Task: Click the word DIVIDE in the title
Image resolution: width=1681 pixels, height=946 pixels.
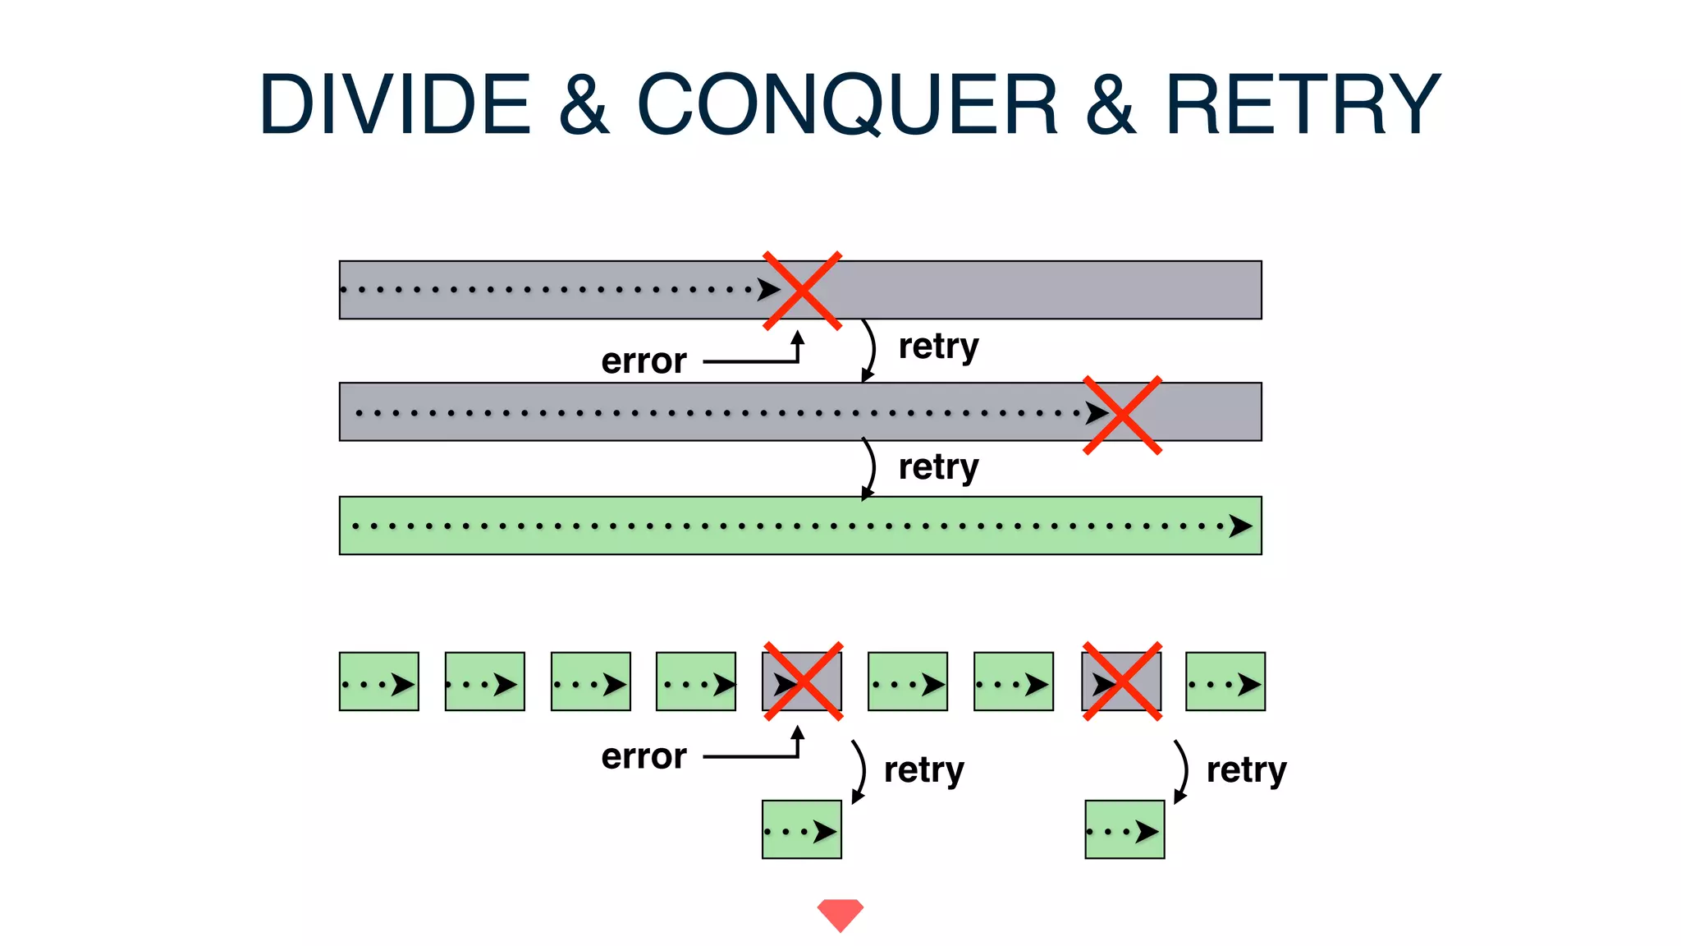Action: pos(395,104)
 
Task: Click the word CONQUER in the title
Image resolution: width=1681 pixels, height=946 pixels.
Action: pos(847,104)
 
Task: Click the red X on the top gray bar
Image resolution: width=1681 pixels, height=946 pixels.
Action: pos(802,291)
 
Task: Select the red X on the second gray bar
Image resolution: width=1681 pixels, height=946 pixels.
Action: pos(1122,415)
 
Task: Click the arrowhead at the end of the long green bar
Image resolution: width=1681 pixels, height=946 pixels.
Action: pos(1240,526)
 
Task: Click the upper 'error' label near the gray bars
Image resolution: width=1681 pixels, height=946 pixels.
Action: pos(644,361)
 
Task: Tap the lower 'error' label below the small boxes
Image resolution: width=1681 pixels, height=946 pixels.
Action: pos(644,756)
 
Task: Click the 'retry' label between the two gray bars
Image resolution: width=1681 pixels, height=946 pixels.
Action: pos(938,347)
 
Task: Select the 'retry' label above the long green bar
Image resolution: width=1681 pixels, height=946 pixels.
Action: pos(938,467)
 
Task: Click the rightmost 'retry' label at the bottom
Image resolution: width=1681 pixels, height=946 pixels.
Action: pos(1246,770)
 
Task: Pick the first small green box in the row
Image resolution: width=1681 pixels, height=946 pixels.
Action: pos(378,682)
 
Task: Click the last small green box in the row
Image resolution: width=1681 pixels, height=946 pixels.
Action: pos(1225,682)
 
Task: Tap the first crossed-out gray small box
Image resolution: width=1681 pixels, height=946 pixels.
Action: pos(802,682)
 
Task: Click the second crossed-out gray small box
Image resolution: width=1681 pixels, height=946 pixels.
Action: pos(1121,682)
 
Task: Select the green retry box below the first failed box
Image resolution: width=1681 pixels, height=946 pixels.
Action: pos(801,829)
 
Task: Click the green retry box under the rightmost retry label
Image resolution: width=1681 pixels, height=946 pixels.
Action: pos(1124,829)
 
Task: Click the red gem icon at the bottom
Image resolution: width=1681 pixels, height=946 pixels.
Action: pos(840,914)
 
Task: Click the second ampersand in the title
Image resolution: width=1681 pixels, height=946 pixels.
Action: pos(1110,104)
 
